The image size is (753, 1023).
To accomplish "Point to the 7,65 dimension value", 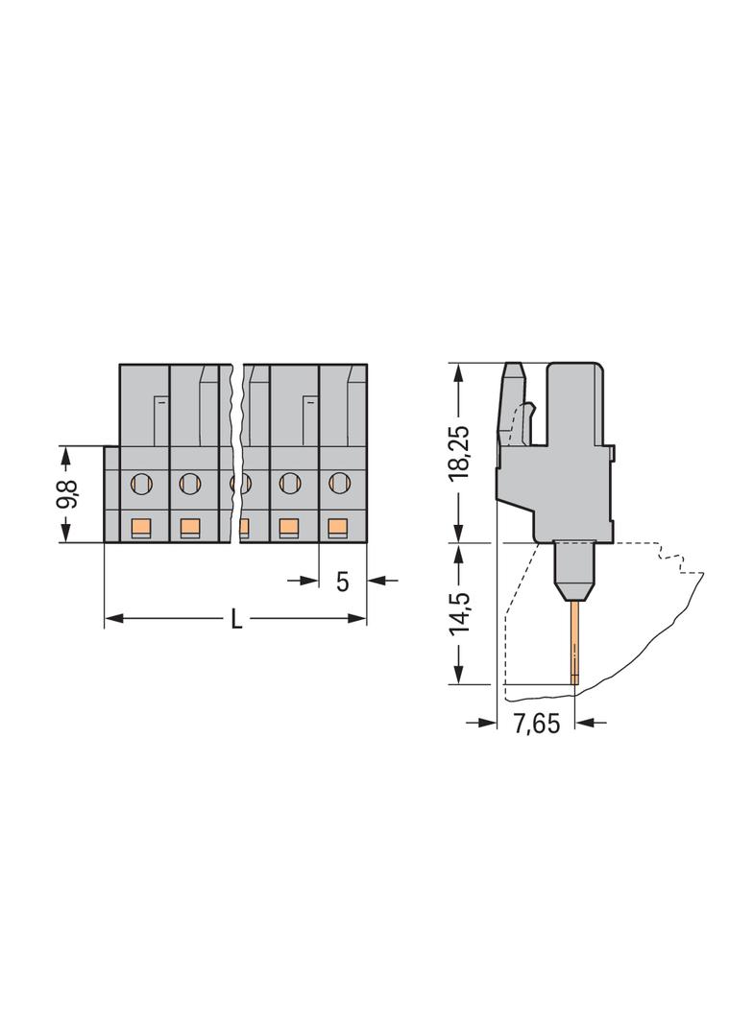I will pos(535,725).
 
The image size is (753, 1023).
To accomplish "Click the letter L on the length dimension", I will pos(236,620).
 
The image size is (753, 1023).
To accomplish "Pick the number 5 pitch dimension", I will pos(343,581).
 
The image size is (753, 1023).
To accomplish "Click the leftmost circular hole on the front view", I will pos(140,483).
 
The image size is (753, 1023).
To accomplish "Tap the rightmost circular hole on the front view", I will pos(338,483).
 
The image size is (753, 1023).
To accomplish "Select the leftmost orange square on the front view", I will pos(140,526).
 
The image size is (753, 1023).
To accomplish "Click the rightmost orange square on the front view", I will pos(338,526).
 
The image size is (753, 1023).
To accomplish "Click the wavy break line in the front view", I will pos(235,451).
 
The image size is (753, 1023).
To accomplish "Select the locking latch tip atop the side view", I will pos(514,369).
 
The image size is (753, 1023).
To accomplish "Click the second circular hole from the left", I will pos(189,483).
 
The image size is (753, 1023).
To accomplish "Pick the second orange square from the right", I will pos(288,526).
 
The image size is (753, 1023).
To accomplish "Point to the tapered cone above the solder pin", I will pos(574,586).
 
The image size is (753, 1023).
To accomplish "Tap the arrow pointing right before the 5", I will pos(309,580).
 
